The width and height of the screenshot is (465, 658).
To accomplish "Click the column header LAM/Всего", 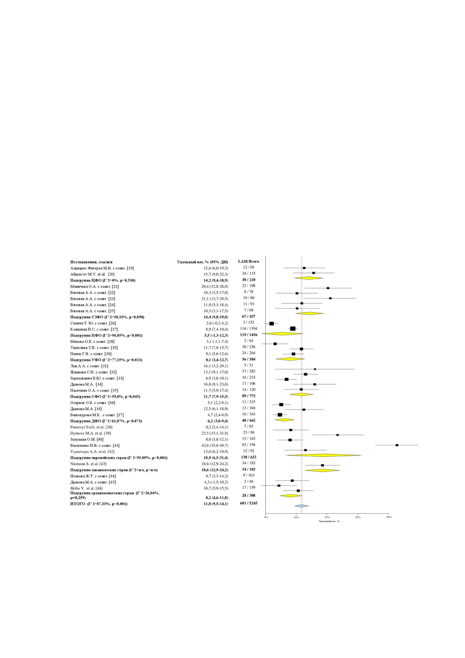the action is pyautogui.click(x=249, y=261).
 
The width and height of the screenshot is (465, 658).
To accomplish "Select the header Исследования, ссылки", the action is pyautogui.click(x=91, y=262).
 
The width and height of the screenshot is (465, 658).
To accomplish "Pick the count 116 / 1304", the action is pyautogui.click(x=249, y=328).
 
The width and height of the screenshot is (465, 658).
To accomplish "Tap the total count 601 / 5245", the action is pyautogui.click(x=249, y=503).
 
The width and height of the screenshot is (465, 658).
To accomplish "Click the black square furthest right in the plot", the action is pyautogui.click(x=397, y=445).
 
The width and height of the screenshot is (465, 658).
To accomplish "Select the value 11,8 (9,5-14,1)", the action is pyautogui.click(x=216, y=504).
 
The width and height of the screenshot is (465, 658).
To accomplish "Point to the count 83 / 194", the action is pyautogui.click(x=249, y=445).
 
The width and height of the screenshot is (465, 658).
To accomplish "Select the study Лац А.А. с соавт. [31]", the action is pyautogui.click(x=89, y=366).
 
